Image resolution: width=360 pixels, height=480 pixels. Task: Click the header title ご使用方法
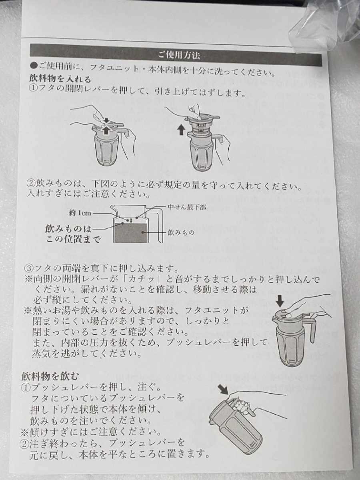click(x=179, y=55)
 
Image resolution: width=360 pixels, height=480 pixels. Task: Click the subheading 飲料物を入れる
click(x=60, y=79)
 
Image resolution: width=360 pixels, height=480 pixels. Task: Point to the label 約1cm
click(x=80, y=213)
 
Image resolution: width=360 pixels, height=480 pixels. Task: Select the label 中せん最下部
click(x=187, y=207)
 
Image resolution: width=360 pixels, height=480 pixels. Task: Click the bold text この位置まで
click(x=74, y=240)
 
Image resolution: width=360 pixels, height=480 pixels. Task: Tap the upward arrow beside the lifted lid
click(x=181, y=130)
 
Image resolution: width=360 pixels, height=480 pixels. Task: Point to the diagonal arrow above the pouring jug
click(x=223, y=390)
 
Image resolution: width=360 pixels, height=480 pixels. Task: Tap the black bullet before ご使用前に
click(x=34, y=65)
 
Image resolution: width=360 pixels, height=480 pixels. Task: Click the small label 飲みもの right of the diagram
click(x=181, y=232)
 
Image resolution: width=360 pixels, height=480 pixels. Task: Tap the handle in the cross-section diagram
click(x=160, y=228)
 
